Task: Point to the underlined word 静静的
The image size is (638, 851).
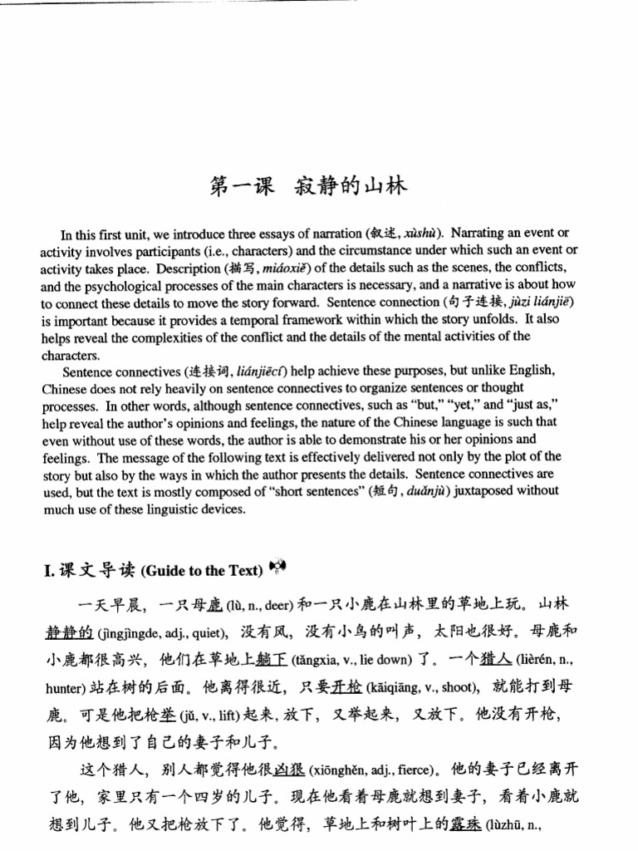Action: click(x=69, y=633)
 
